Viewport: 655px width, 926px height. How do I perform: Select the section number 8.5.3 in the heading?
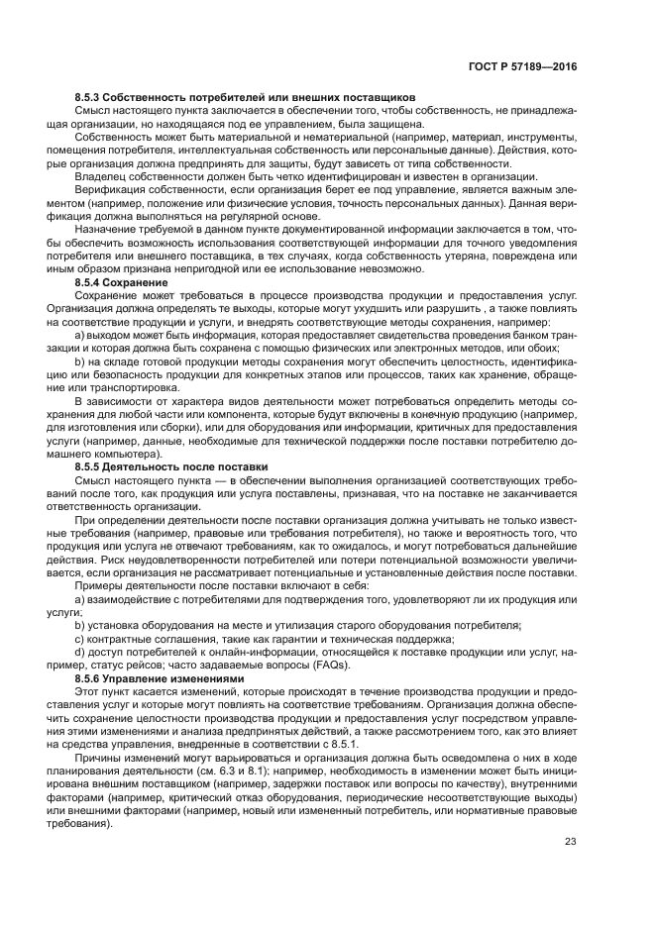(91, 97)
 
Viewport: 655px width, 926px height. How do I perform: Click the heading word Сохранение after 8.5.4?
(140, 284)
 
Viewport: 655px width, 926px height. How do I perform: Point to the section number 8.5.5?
(91, 466)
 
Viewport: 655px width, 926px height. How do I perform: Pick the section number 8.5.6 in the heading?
(91, 680)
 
